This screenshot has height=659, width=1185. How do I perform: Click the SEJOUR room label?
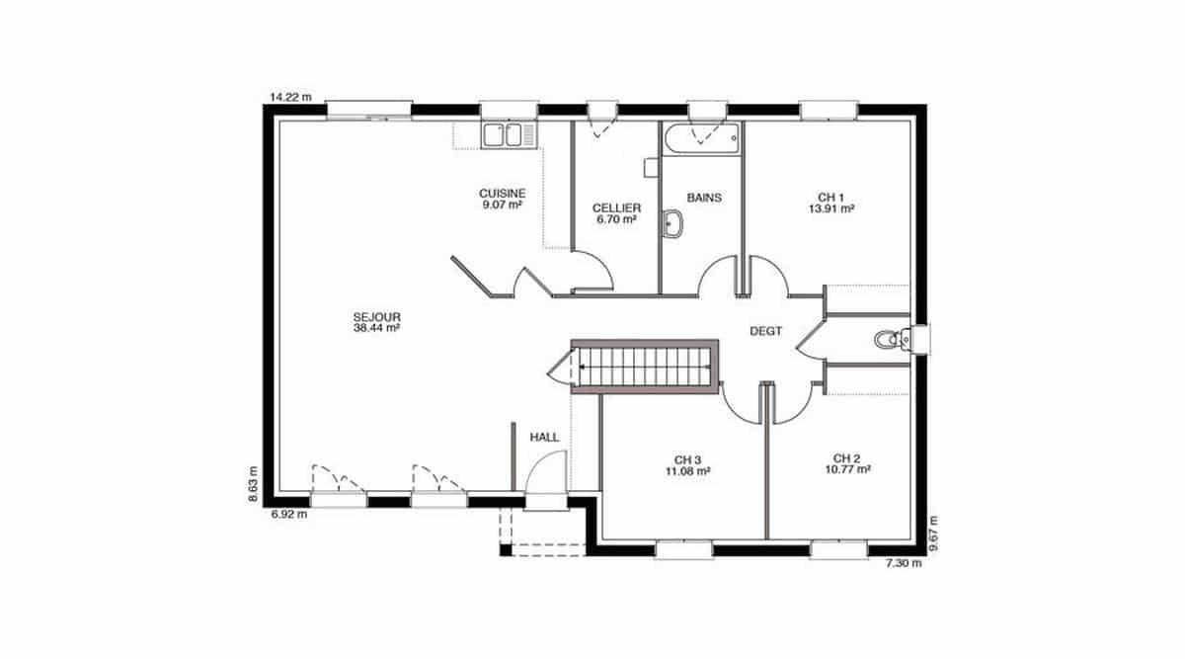click(376, 317)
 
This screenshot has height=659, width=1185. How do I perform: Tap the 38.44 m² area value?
click(376, 328)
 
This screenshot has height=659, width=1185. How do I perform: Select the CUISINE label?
click(502, 194)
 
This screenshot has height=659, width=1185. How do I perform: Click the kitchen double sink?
click(509, 134)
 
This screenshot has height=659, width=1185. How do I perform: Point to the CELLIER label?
click(616, 208)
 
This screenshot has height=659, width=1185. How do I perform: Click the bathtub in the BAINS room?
click(701, 138)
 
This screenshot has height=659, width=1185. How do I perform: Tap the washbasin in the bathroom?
click(671, 223)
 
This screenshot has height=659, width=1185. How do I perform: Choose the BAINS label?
click(704, 198)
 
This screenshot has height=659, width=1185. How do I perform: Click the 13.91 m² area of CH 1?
click(831, 208)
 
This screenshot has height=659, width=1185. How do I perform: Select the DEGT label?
click(765, 331)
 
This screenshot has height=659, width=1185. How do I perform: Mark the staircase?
click(644, 367)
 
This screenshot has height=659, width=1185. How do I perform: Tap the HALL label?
click(544, 438)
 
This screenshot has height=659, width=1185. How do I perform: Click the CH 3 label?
click(687, 460)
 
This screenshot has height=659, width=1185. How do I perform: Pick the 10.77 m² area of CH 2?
click(848, 469)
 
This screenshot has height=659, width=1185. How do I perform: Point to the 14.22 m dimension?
click(291, 97)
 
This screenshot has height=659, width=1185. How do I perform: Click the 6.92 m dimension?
click(288, 514)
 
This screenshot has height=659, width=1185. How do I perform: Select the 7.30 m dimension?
click(904, 563)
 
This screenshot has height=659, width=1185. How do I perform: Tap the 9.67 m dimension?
click(933, 533)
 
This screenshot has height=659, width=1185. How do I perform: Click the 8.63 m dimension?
click(253, 484)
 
